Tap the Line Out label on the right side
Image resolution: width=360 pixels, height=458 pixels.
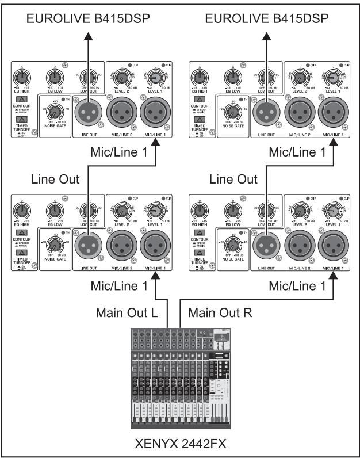[x=233, y=179]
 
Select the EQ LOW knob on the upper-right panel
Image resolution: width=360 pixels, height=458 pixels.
[x=233, y=77]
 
